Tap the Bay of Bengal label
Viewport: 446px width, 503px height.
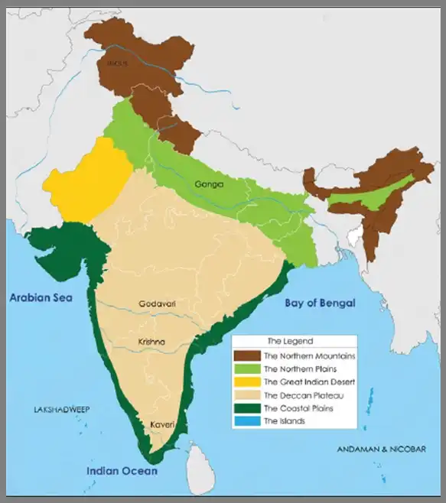tap(320, 303)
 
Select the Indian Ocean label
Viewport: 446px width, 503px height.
tap(122, 471)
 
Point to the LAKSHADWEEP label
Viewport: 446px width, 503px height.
tap(62, 410)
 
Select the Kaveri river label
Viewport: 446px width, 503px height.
tap(161, 423)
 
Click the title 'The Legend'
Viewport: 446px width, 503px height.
tap(285, 341)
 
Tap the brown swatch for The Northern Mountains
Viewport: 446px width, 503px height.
tap(247, 355)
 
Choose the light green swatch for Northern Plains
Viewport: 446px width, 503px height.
tap(247, 368)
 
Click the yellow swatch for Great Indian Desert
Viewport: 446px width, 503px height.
tap(247, 381)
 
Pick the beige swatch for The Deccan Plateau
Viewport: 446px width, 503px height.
tap(247, 395)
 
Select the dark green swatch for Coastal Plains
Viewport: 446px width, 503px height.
tap(247, 408)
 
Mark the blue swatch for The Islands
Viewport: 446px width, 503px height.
tap(247, 421)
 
